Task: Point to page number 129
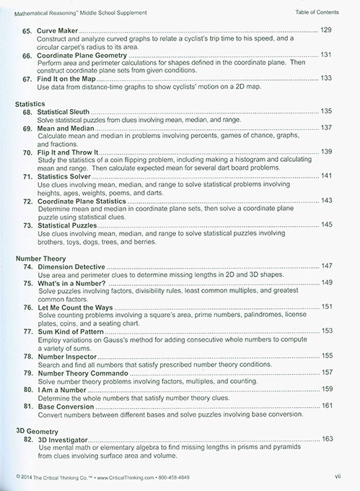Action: pyautogui.click(x=326, y=29)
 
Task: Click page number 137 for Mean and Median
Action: pyautogui.click(x=326, y=128)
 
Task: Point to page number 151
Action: pyautogui.click(x=326, y=306)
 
